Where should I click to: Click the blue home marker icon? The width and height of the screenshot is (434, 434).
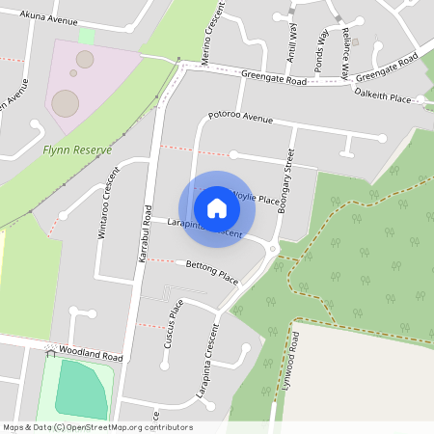[217, 208]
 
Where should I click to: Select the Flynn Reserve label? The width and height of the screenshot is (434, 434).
[77, 150]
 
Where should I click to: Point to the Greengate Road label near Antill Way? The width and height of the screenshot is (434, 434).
[274, 82]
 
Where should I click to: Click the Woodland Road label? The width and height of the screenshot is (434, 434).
[90, 352]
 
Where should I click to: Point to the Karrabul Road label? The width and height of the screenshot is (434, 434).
[146, 236]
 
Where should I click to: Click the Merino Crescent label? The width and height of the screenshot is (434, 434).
[217, 38]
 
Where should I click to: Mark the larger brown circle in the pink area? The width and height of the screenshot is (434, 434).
[66, 101]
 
